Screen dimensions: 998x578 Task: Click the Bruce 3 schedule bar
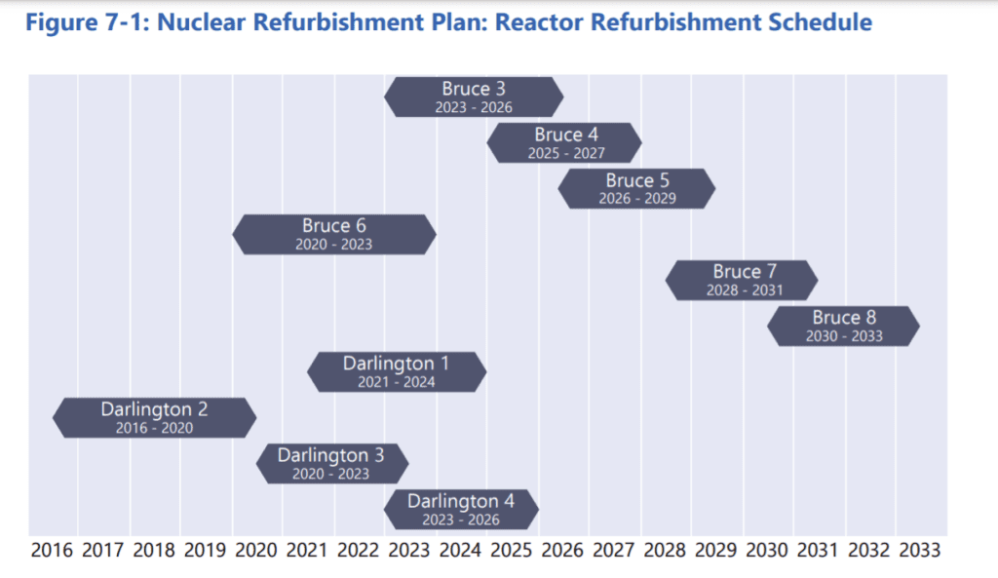474,96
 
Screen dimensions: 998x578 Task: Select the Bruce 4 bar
564,142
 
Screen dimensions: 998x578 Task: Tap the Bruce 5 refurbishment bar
636,188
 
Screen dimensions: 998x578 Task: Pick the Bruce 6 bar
334,234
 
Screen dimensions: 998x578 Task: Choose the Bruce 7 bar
742,280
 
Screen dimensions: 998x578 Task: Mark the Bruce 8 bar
843,326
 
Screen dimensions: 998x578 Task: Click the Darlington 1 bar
397,371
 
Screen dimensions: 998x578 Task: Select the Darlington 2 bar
155,417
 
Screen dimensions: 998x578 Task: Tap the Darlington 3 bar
332,463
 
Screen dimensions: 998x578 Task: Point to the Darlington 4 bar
461,509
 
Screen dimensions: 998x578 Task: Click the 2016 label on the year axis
52,550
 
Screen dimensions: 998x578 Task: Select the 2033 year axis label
920,550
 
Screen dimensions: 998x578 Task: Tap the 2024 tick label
460,550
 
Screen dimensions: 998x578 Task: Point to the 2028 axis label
665,550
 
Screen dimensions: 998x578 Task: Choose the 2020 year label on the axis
256,550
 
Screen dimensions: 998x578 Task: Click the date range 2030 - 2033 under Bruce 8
844,336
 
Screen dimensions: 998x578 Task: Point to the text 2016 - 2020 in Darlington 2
154,428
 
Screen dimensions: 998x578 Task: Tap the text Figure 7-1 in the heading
85,23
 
